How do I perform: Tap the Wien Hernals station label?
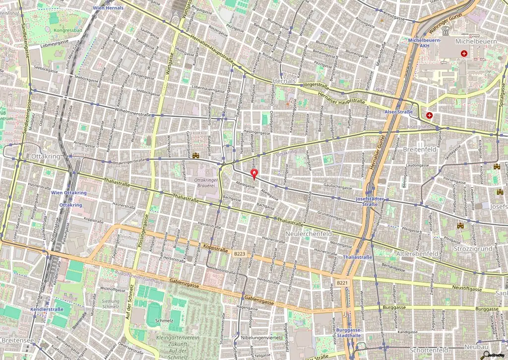click(x=108, y=8)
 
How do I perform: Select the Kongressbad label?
click(x=68, y=30)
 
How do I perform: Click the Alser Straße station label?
click(x=398, y=112)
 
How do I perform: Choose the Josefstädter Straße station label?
click(x=371, y=201)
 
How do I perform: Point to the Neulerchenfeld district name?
click(x=309, y=233)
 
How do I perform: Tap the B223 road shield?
click(x=240, y=253)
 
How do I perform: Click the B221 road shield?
click(x=342, y=283)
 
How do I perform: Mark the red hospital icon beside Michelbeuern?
click(x=464, y=53)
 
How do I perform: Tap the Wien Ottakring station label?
click(x=68, y=192)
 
